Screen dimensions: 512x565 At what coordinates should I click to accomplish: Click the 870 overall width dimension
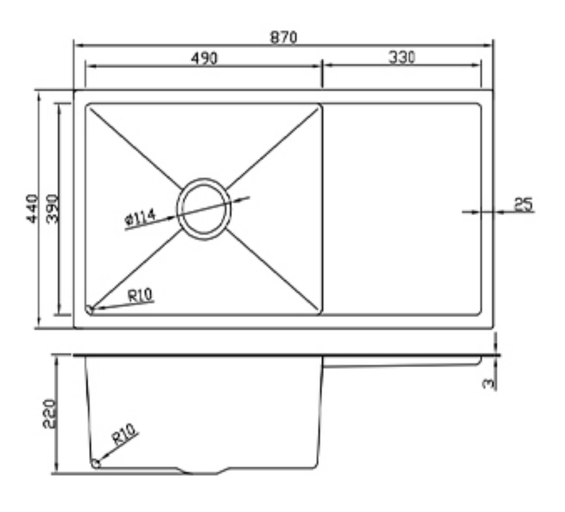click(283, 37)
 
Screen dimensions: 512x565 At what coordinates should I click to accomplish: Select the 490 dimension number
click(204, 58)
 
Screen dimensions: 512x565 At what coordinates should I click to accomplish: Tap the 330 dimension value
click(402, 57)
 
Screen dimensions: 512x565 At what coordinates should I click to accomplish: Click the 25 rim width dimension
click(524, 205)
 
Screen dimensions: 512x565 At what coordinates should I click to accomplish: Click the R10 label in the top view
click(140, 295)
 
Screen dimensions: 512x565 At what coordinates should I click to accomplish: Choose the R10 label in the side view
click(125, 434)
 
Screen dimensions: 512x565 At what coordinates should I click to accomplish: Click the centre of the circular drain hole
click(203, 208)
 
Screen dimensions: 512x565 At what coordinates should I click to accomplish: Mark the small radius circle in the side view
click(96, 463)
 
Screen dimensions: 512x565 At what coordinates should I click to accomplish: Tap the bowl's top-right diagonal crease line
click(272, 148)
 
